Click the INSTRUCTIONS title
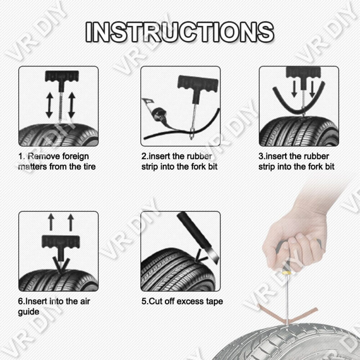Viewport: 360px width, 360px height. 180,31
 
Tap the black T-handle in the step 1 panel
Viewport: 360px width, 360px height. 59,77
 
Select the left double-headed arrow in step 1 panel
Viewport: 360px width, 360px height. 48,105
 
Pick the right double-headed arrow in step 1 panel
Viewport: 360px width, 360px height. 71,105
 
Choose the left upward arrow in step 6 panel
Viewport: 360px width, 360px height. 51,222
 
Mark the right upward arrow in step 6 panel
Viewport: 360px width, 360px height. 71,222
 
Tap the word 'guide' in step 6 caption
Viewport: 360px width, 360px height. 29,312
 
